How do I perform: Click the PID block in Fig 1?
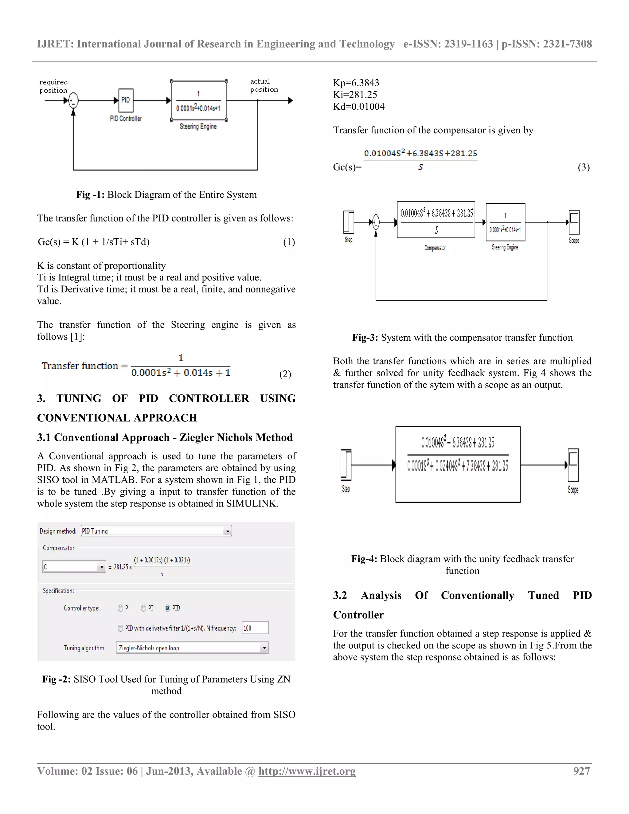tap(126, 100)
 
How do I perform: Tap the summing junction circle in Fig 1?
tap(73, 100)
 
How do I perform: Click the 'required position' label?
tap(54, 86)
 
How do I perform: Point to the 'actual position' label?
tap(264, 85)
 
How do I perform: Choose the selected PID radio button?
tap(168, 608)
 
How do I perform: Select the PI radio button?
tap(143, 608)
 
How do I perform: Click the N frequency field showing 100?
tap(255, 628)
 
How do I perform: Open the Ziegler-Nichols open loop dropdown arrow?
tap(264, 648)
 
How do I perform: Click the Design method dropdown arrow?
tap(227, 531)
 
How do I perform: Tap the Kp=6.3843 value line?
tap(356, 83)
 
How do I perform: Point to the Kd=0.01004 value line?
tap(358, 107)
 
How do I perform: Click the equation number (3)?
tap(584, 167)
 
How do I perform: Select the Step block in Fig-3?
tap(348, 222)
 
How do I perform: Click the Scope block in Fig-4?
tap(573, 465)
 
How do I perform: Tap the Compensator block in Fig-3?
tap(436, 220)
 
